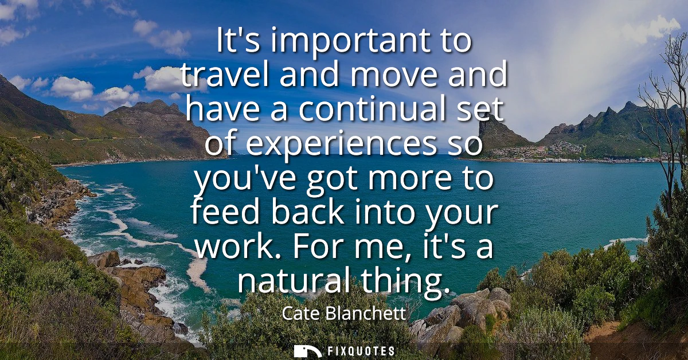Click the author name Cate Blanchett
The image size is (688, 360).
(x=344, y=314)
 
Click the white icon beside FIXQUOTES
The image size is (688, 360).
(x=307, y=351)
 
